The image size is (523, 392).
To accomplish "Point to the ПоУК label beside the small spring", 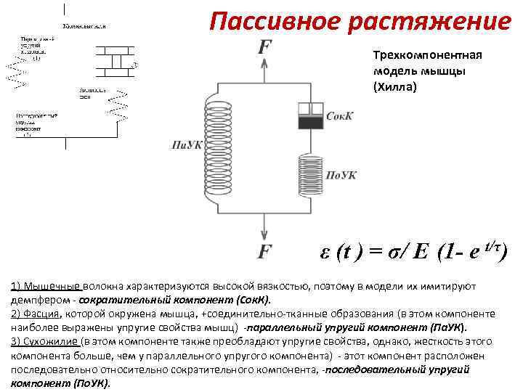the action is pos(340,175).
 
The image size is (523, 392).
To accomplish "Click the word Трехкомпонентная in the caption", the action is pos(427,56).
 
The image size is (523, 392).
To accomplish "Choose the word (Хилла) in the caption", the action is pos(395,86).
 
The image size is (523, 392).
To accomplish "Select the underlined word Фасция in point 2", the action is pos(42,314).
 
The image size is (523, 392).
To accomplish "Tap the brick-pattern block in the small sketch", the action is pos(110,61).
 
